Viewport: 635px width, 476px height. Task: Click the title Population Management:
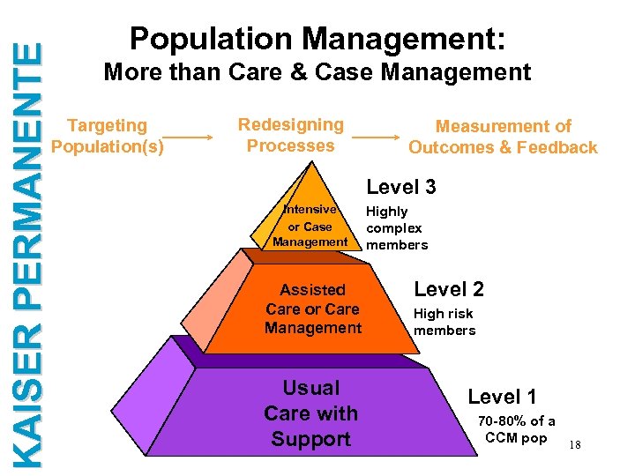317,38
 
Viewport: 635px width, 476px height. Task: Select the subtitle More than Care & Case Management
317,72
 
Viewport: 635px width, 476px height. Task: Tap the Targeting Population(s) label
108,136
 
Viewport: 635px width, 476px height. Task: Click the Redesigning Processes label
290,135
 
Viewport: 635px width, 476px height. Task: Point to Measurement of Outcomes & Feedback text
503,137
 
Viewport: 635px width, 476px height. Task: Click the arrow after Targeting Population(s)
190,137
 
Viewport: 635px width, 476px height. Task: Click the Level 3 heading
401,187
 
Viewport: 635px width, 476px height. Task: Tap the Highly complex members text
396,227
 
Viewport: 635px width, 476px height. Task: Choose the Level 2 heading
449,288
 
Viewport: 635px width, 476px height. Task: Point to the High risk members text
444,322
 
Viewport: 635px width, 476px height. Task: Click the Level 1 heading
502,397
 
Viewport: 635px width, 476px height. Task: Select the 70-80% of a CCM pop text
516,429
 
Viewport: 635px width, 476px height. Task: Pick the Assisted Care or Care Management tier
312,309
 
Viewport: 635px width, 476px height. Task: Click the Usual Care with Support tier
310,413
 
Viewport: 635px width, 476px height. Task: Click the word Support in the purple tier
310,439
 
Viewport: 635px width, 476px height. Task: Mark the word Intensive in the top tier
310,210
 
